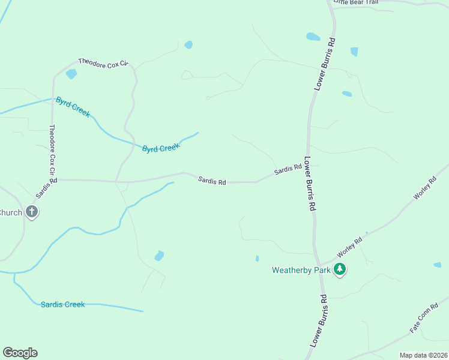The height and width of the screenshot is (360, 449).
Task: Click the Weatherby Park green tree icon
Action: [x=340, y=269]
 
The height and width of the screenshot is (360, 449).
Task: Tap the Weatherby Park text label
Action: [x=301, y=271]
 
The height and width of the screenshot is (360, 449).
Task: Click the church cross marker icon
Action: [x=32, y=212]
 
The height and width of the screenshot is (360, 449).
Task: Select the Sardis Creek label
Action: [x=63, y=304]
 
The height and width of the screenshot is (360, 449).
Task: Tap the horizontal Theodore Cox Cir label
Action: [x=103, y=62]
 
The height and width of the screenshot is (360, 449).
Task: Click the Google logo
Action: [x=20, y=353]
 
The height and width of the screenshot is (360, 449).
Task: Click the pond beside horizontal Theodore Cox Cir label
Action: [x=71, y=74]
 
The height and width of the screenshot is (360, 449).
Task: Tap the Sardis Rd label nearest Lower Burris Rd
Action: [x=288, y=171]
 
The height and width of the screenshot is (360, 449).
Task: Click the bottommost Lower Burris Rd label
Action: [x=319, y=320]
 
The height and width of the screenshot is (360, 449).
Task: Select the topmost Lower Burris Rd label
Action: [x=325, y=64]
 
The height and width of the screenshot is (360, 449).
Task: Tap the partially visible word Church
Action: [x=11, y=212]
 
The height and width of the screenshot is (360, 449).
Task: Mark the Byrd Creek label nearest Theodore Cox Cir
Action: [x=73, y=107]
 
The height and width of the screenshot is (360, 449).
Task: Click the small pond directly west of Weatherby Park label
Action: [x=257, y=259]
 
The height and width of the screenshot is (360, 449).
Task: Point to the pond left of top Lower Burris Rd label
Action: [x=313, y=37]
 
